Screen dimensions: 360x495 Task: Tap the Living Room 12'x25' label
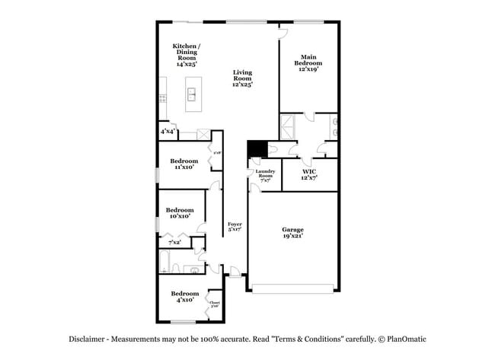pyautogui.click(x=242, y=78)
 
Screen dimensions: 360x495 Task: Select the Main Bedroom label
pyautogui.click(x=308, y=62)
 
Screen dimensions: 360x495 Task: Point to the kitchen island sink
pyautogui.click(x=192, y=95)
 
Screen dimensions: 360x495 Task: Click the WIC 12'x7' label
pyautogui.click(x=309, y=174)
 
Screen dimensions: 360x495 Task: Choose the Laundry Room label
pyautogui.click(x=265, y=176)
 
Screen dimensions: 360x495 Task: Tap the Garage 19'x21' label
pyautogui.click(x=292, y=233)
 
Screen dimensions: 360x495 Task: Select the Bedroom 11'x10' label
pyautogui.click(x=184, y=164)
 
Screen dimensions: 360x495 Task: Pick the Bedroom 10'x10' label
pyautogui.click(x=180, y=213)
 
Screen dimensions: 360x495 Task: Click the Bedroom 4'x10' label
pyautogui.click(x=184, y=297)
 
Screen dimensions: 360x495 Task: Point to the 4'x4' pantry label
pyautogui.click(x=168, y=132)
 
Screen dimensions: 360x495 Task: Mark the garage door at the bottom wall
pyautogui.click(x=292, y=288)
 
